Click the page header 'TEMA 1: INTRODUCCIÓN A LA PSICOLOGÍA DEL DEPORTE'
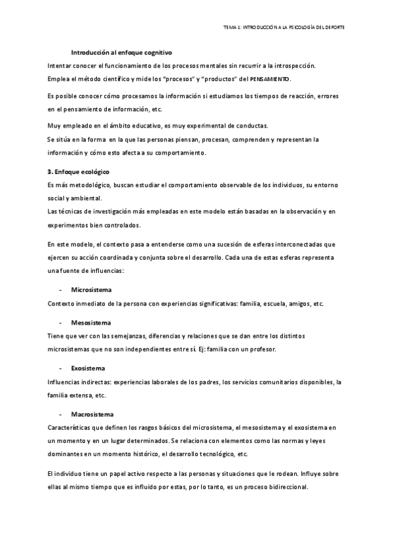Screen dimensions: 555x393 [284, 27]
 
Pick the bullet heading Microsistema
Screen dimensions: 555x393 [91, 289]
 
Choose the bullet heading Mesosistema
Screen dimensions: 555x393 [91, 323]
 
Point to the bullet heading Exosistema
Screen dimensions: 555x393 [88, 368]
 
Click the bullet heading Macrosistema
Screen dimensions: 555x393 [92, 415]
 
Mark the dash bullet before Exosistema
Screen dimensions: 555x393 [60, 368]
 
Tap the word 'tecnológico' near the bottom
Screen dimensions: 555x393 [215, 454]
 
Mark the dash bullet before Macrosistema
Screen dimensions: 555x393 [60, 415]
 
